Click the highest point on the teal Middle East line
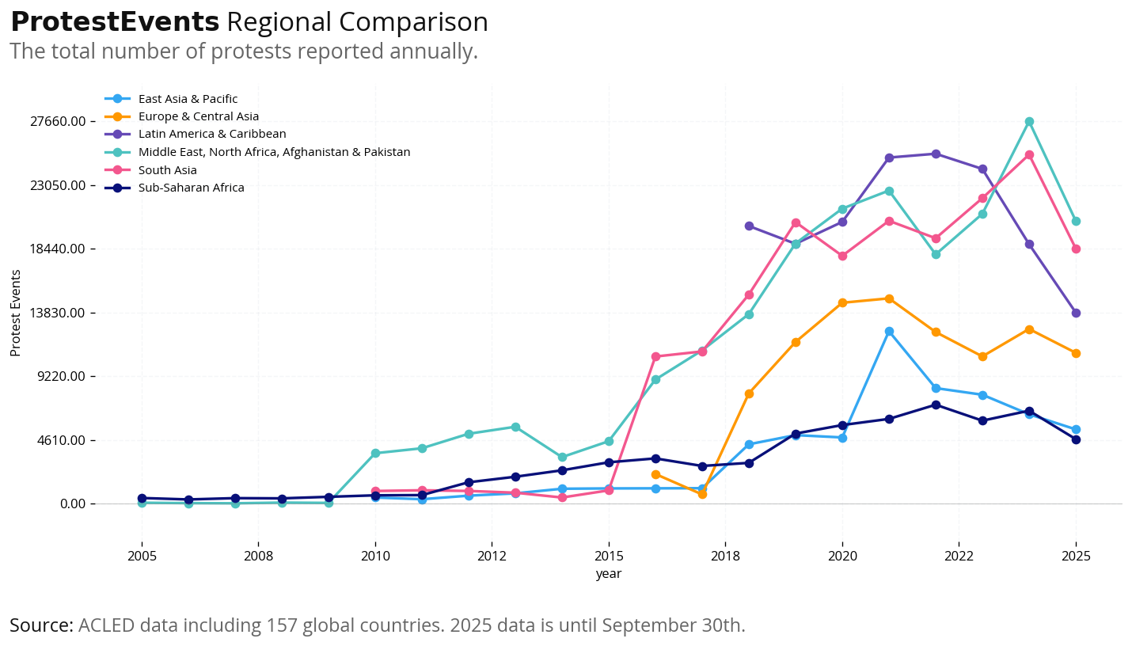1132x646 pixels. [1029, 121]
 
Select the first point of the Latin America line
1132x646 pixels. [749, 226]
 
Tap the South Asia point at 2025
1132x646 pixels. [1076, 249]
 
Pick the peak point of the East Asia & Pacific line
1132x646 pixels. [889, 331]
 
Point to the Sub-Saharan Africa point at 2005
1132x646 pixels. [142, 498]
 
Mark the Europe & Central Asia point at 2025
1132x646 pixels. [1076, 353]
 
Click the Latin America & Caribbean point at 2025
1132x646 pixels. [1076, 313]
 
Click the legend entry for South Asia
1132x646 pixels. [167, 170]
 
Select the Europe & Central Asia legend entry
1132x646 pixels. [198, 116]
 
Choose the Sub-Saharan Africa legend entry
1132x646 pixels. [191, 188]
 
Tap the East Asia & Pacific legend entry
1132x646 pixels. [188, 99]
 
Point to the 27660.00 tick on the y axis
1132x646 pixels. [58, 122]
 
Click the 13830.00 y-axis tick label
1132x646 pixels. [58, 313]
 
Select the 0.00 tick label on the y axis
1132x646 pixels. [67, 504]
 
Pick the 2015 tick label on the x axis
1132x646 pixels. [609, 556]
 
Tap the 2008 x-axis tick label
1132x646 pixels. [258, 556]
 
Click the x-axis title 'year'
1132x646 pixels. [609, 574]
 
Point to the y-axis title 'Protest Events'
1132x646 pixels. [16, 313]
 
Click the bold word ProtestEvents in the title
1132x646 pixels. [115, 22]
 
